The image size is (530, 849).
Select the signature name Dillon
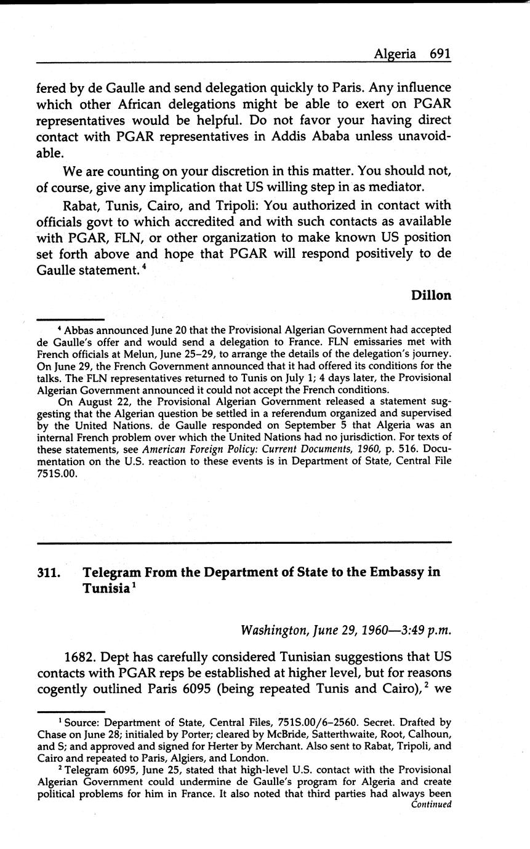(x=431, y=295)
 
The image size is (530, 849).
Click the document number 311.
(x=49, y=572)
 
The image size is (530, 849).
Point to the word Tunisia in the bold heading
(x=105, y=588)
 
